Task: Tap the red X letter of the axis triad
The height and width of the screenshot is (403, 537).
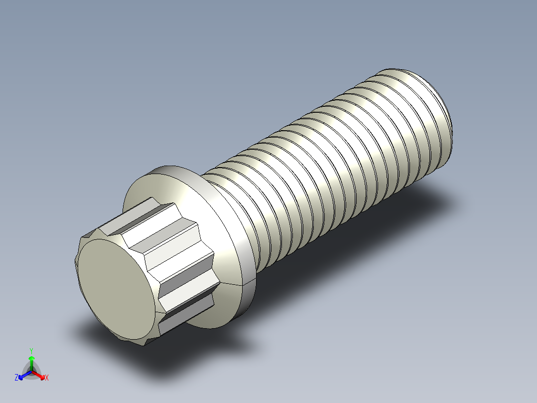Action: pyautogui.click(x=46, y=378)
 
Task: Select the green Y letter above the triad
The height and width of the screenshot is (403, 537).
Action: pyautogui.click(x=31, y=350)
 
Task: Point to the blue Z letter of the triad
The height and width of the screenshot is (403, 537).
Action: pyautogui.click(x=16, y=378)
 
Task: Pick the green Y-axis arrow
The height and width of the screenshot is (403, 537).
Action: pyautogui.click(x=31, y=361)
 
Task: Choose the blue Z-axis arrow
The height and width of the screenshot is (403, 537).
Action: pyautogui.click(x=23, y=375)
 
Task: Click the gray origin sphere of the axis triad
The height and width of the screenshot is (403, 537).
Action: pyautogui.click(x=31, y=372)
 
